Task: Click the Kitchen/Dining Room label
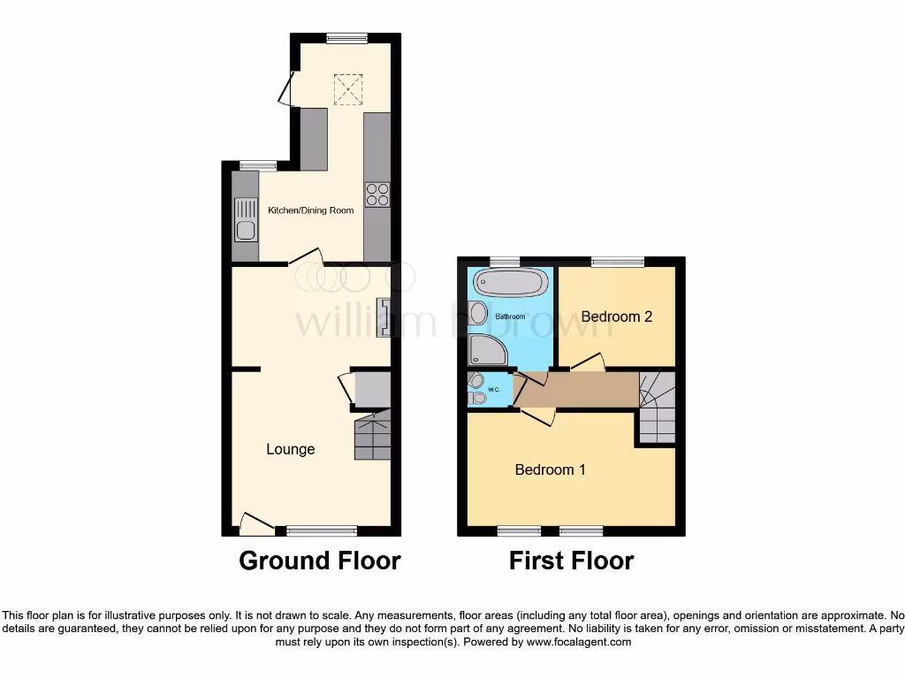(x=311, y=210)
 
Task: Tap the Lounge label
(x=291, y=449)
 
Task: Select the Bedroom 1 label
(x=550, y=469)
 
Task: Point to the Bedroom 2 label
(x=617, y=317)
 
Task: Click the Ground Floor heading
(x=320, y=561)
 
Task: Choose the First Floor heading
(x=571, y=561)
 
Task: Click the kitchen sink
(x=245, y=220)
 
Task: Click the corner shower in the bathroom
(x=487, y=350)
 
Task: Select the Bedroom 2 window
(x=618, y=262)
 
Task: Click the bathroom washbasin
(x=478, y=313)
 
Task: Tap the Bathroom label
(x=510, y=317)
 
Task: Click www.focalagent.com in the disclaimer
(x=579, y=643)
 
